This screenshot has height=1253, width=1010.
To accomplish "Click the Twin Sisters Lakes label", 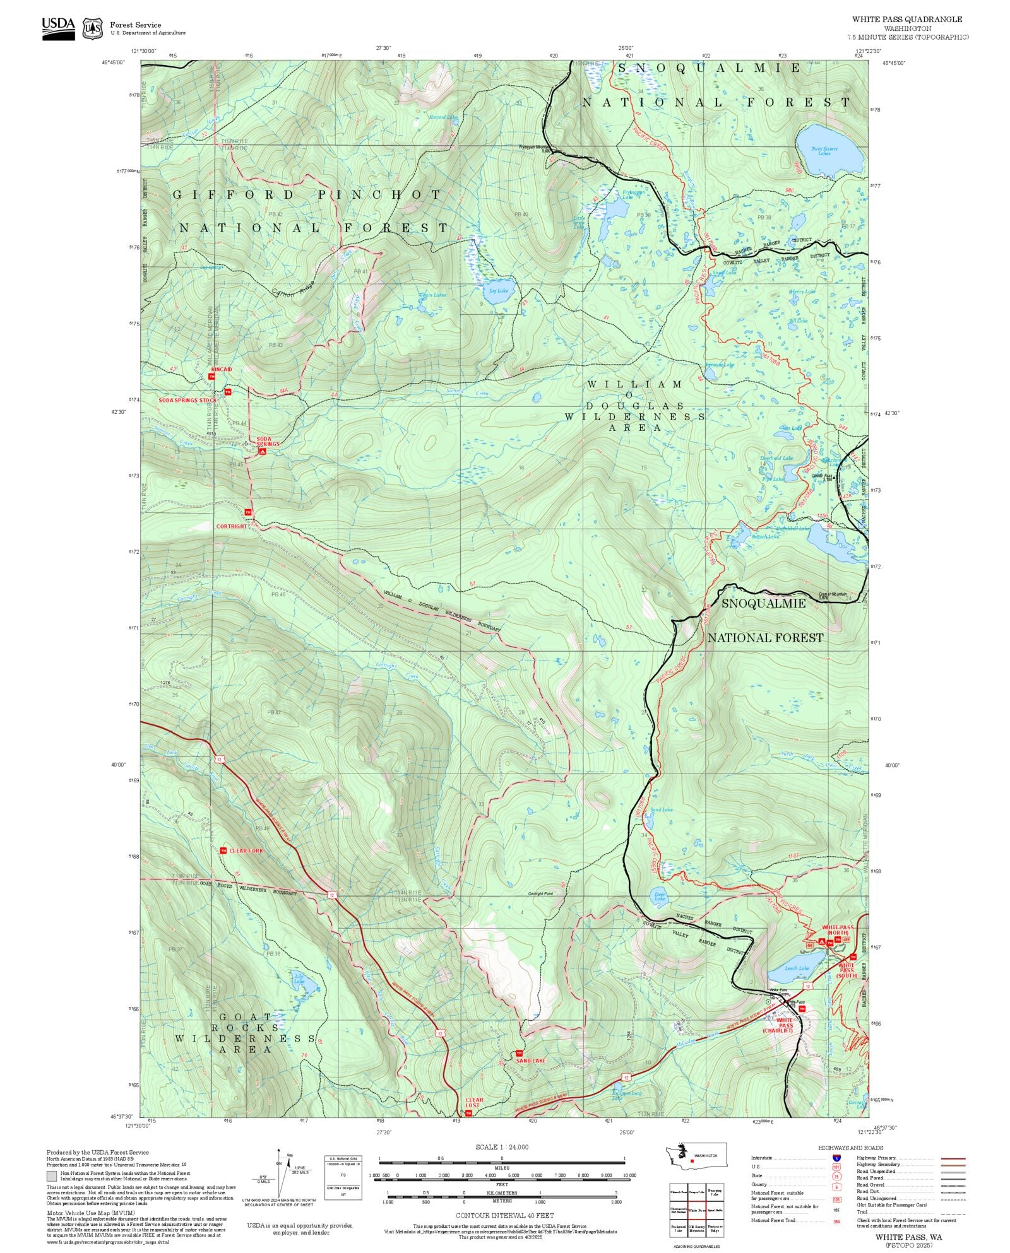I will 824,151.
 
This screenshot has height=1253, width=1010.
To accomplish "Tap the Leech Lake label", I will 797,968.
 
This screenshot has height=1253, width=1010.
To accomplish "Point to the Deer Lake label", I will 660,896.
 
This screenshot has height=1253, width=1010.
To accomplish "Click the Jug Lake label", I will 498,291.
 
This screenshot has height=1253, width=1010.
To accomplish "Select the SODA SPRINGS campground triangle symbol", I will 263,451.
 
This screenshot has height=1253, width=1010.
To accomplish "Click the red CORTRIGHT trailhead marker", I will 248,512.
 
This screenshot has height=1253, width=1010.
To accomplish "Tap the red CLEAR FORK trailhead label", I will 246,850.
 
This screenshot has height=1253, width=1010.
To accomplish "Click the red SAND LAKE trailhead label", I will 531,1061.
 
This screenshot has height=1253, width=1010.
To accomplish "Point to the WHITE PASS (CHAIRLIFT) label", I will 785,1025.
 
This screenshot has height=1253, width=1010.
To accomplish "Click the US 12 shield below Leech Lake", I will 807,985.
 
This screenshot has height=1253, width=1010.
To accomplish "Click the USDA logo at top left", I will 58,28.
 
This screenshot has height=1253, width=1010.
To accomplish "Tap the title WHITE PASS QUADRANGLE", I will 907,20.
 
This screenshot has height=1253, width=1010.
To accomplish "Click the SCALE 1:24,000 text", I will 502,1147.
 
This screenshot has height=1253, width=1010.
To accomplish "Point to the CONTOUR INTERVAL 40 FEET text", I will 504,1215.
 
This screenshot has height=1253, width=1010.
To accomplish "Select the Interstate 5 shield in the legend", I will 836,1158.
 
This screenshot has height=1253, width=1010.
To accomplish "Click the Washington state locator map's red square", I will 692,1160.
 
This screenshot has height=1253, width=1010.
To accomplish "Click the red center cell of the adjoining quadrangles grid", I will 696,1211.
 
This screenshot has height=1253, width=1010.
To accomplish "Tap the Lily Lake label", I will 299,979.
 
